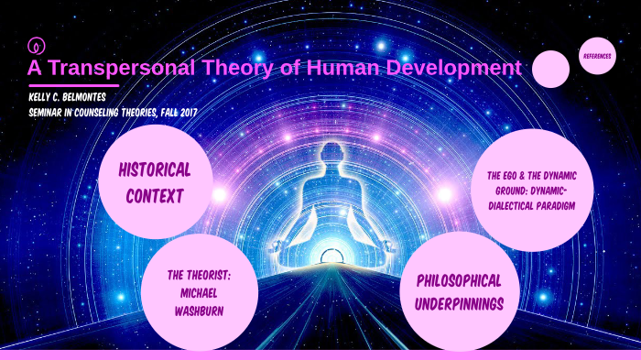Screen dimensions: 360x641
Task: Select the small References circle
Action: point(597,56)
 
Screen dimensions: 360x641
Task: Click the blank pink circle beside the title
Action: point(550,70)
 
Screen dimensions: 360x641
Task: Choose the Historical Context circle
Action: point(155,181)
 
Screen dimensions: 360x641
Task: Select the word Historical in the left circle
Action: point(155,169)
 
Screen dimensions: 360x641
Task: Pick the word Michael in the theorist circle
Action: point(199,290)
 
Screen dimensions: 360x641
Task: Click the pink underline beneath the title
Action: point(72,85)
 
